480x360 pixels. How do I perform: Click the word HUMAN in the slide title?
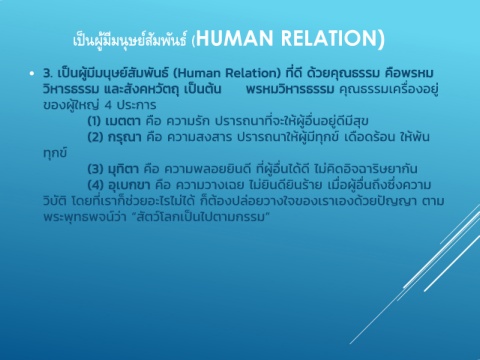click(235, 38)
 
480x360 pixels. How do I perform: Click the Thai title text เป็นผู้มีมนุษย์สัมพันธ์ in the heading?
click(130, 40)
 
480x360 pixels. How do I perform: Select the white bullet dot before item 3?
click(32, 73)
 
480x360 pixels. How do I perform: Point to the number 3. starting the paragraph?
click(48, 73)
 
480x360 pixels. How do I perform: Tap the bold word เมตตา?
click(123, 121)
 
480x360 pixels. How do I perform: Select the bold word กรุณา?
click(125, 137)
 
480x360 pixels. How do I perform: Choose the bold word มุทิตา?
click(123, 169)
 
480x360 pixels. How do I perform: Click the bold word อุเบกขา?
click(129, 185)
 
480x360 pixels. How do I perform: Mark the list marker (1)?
click(94, 121)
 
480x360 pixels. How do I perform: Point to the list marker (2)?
click(95, 137)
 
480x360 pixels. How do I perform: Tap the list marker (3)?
click(95, 169)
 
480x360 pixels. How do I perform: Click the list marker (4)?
click(95, 185)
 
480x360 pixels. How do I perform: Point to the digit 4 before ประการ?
click(108, 105)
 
